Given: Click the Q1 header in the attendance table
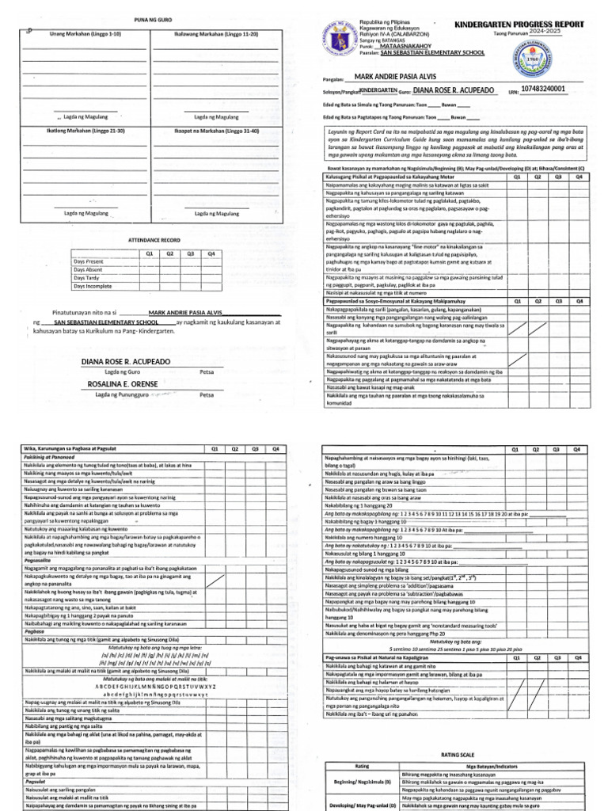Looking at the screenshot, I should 148,253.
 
